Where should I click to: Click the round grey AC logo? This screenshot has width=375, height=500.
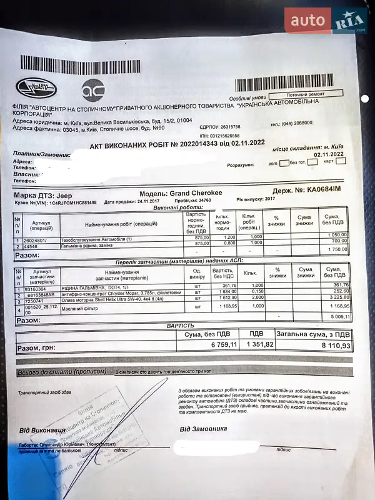pos(93,91)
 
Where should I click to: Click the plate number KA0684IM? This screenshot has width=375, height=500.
pos(324,190)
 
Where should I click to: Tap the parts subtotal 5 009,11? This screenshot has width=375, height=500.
pos(338,317)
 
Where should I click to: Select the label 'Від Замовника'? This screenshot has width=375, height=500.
pos(203,429)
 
